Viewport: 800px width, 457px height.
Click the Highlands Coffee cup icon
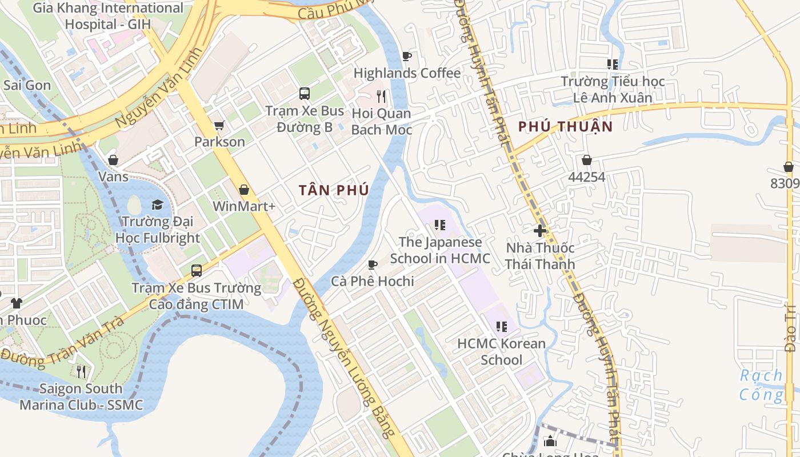(406, 56)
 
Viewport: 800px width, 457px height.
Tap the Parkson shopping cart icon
(219, 125)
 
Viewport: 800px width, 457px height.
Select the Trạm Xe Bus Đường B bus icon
(305, 93)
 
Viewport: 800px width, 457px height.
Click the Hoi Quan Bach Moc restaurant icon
(381, 96)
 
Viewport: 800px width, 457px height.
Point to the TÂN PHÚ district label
(334, 190)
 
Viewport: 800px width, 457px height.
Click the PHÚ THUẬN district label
(565, 127)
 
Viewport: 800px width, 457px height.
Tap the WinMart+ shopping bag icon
(244, 189)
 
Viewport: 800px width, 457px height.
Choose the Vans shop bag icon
(113, 160)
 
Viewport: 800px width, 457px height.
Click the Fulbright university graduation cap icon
(157, 205)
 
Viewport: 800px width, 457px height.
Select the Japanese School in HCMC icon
(439, 225)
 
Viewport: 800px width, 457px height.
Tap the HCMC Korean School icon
(501, 327)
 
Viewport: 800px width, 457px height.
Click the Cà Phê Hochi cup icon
(373, 264)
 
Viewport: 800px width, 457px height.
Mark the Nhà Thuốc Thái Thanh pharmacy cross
(540, 231)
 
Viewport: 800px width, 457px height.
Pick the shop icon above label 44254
(586, 160)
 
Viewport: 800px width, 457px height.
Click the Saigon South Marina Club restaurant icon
(81, 372)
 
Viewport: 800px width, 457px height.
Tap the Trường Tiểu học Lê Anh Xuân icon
(613, 65)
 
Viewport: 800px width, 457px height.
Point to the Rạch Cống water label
(762, 384)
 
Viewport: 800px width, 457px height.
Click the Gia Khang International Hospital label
(108, 16)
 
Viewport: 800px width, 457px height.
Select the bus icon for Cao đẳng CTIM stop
(197, 270)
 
